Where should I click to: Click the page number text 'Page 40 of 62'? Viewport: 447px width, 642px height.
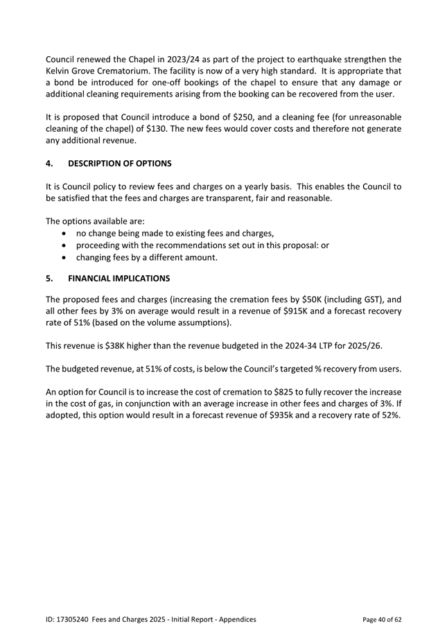tap(383, 619)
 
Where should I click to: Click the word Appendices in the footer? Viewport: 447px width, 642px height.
tap(235, 619)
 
